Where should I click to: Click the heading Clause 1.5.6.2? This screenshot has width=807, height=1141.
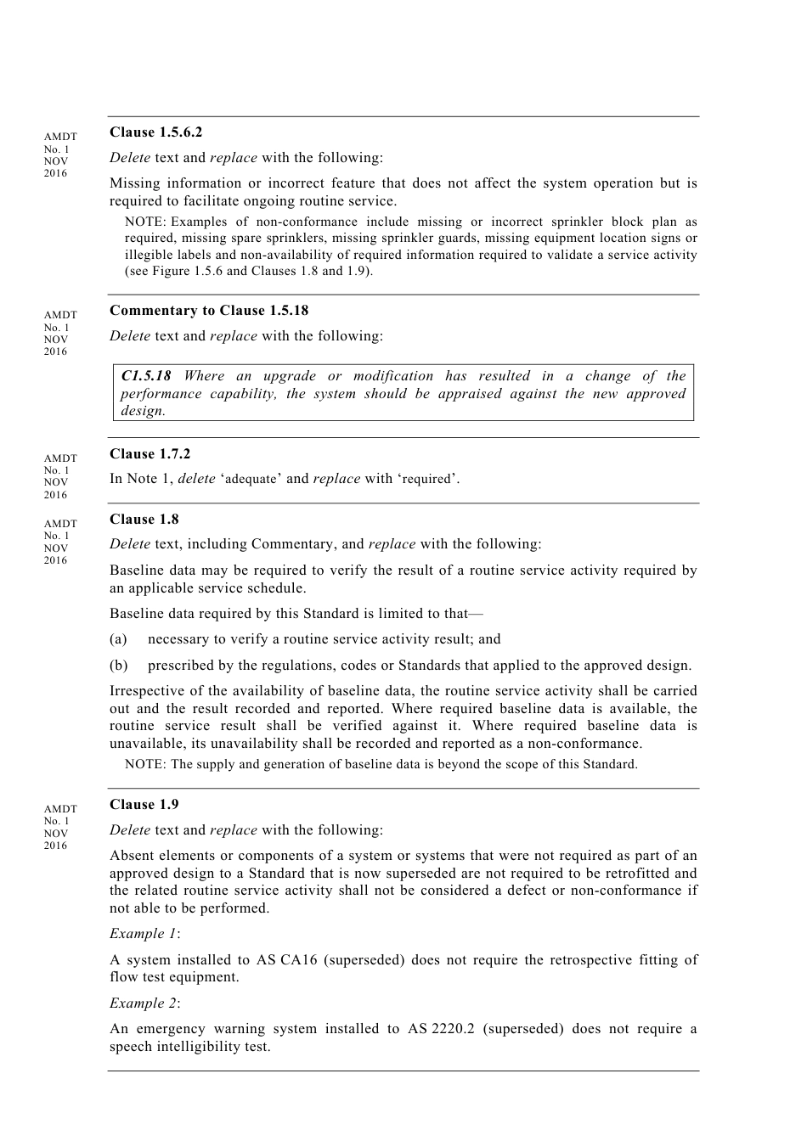[x=155, y=132]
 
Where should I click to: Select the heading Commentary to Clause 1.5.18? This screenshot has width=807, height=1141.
[x=209, y=311]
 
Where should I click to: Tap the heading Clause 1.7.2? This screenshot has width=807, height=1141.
[x=150, y=454]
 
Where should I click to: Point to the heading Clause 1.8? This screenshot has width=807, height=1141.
[x=144, y=520]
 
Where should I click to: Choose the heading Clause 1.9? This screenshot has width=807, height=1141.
[x=144, y=805]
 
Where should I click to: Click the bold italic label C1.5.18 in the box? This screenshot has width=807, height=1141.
[x=146, y=376]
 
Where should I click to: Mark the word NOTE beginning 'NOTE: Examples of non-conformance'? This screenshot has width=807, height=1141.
[x=145, y=222]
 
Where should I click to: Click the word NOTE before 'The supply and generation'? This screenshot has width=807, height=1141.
[x=145, y=765]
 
